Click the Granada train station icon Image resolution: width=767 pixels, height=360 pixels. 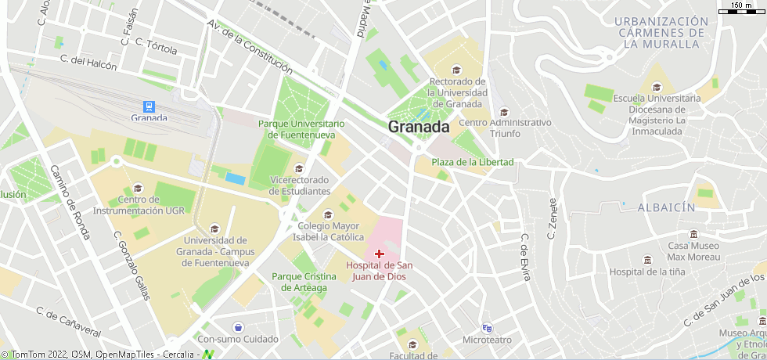point(149,106)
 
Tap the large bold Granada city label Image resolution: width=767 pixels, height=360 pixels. point(419,127)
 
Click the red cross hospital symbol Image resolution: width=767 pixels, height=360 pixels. point(379,254)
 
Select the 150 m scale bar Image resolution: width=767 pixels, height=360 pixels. point(741,7)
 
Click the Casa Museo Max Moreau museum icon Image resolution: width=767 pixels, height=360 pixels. point(693,234)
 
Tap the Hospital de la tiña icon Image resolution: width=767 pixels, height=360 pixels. point(646,260)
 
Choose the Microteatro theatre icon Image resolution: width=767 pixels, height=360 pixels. point(487,328)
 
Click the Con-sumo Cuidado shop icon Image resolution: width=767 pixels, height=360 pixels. point(238,327)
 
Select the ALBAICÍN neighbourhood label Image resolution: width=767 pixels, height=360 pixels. point(666,207)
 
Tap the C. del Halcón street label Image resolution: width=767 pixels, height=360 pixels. point(88,62)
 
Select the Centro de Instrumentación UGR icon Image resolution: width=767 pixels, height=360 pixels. point(139,188)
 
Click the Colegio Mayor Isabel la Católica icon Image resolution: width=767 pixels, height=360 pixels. point(328,214)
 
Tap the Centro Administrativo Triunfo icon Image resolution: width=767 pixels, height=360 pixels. point(504,111)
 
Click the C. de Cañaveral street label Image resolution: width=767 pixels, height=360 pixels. point(69,322)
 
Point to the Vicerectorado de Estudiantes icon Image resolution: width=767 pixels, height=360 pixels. point(298,168)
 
